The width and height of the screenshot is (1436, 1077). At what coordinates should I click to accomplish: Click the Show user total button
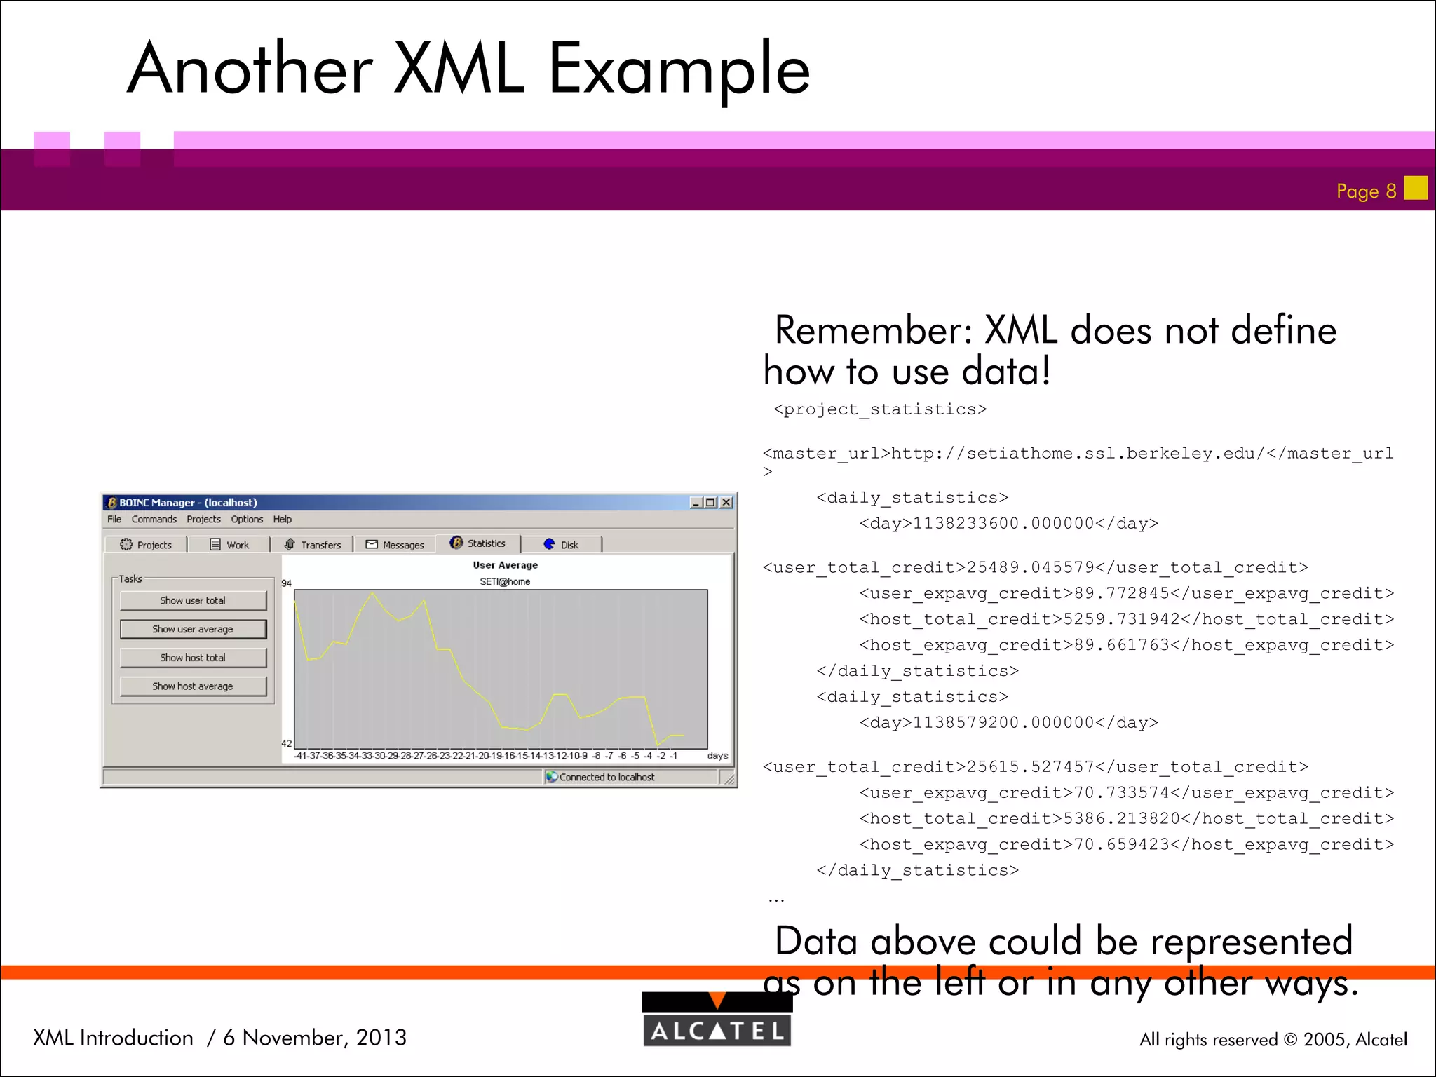(193, 600)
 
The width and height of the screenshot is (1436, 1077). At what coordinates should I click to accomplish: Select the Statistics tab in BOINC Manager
(478, 543)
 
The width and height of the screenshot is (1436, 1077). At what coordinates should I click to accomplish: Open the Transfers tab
(313, 545)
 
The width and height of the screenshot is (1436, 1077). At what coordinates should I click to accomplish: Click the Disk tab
(561, 545)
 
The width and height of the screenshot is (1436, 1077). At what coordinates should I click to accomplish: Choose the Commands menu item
(154, 520)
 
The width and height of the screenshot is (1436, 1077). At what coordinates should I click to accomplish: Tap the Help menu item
(282, 520)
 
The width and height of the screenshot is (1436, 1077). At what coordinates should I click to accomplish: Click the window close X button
(726, 503)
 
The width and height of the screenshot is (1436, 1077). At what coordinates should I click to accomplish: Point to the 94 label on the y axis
(286, 583)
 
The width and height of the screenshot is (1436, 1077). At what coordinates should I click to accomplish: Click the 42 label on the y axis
(286, 743)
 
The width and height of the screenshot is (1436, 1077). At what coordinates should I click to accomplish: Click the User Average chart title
(505, 565)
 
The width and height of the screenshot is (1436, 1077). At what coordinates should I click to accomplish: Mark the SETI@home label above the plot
(505, 581)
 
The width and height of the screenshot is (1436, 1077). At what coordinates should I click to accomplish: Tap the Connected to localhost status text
(607, 777)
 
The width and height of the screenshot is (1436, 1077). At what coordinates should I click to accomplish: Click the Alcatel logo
(717, 1020)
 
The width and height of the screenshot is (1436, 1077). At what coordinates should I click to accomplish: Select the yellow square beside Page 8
(1416, 188)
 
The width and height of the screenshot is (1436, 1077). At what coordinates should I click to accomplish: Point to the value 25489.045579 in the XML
(1031, 567)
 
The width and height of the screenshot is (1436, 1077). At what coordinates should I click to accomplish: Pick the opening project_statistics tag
(880, 409)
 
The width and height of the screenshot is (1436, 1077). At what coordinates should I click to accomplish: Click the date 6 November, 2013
(315, 1038)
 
